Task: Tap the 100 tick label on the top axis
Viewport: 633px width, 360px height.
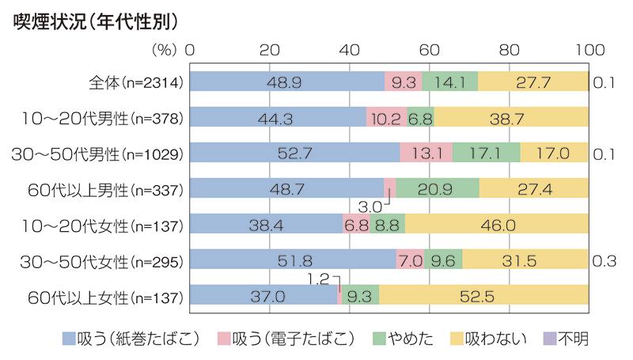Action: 589,48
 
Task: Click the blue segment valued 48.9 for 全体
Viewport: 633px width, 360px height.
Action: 287,81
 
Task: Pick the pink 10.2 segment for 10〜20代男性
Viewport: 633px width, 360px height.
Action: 386,117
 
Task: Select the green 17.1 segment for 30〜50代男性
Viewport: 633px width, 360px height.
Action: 486,153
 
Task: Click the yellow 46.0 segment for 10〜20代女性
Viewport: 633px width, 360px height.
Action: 497,225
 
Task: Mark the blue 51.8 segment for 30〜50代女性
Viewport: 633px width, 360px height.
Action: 293,260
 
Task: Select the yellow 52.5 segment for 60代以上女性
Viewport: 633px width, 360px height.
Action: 483,296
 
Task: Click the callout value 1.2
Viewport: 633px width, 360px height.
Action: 320,279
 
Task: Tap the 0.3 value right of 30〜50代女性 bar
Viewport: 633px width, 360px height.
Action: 605,260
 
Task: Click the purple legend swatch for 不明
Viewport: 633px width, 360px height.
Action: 547,339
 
